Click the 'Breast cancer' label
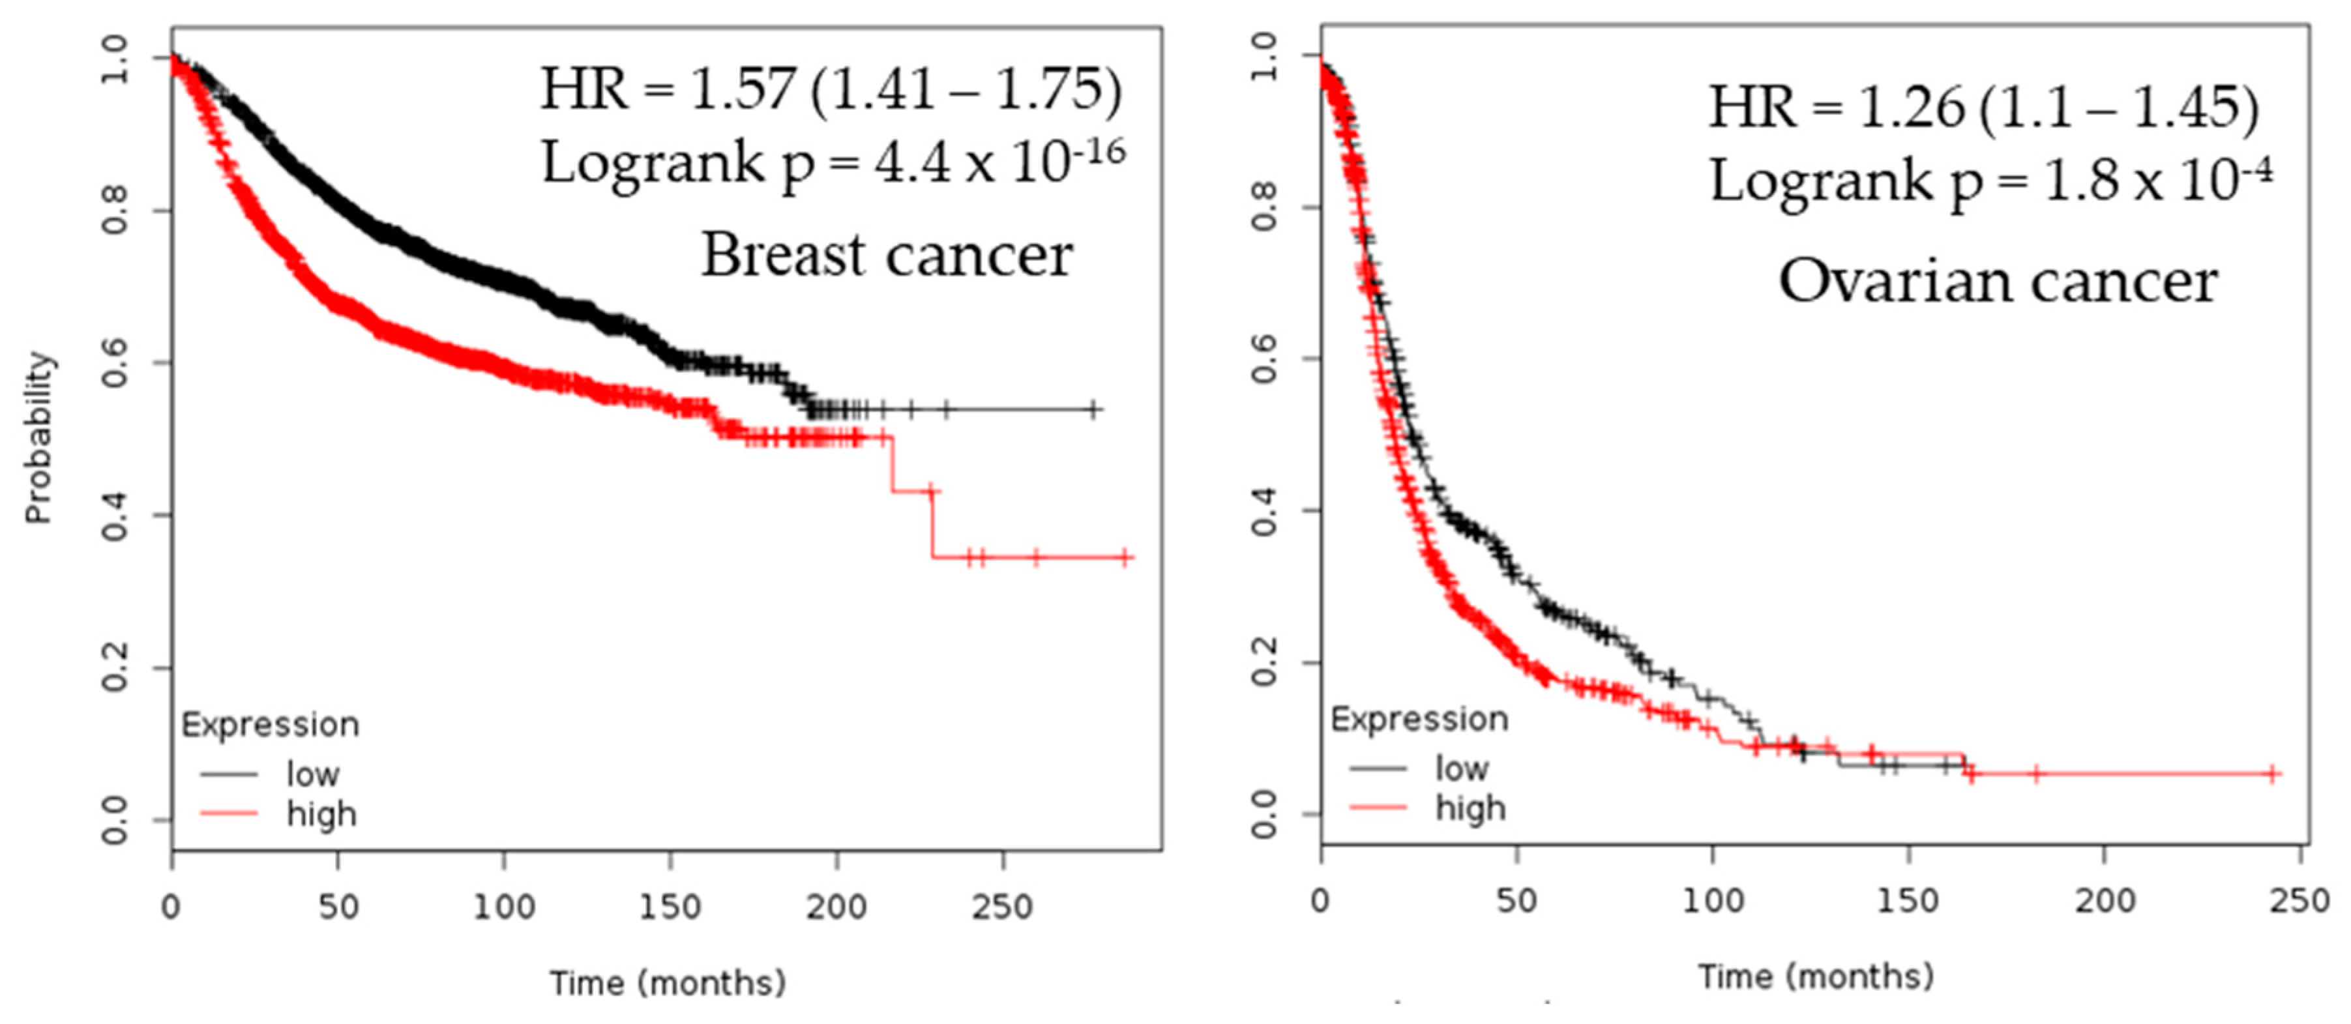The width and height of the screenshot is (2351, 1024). tap(886, 255)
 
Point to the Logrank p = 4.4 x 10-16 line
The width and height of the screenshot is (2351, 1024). tap(833, 164)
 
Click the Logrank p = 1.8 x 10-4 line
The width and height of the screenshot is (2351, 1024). tap(1990, 181)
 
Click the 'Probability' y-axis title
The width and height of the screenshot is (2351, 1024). tap(39, 437)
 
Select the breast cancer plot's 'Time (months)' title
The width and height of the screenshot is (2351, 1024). tap(667, 983)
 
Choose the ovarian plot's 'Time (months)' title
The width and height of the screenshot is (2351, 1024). tap(1815, 976)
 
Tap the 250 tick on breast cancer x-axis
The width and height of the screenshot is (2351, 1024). tap(1002, 907)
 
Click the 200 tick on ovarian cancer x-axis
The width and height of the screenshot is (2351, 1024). tap(2105, 901)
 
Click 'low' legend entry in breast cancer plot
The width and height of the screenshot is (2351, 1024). tap(312, 774)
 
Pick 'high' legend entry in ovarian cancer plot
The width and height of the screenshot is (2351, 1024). tap(1470, 808)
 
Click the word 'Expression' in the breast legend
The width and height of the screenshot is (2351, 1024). tap(270, 725)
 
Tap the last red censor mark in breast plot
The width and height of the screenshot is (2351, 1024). tap(1125, 557)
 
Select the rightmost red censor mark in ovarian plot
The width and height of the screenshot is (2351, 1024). tap(2273, 774)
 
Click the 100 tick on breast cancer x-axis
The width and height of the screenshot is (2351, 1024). tap(504, 907)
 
